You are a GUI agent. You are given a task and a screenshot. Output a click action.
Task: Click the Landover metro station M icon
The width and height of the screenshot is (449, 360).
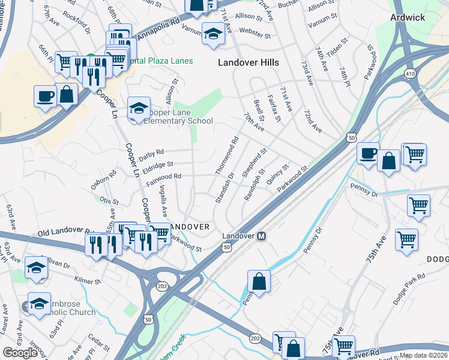coord(262,236)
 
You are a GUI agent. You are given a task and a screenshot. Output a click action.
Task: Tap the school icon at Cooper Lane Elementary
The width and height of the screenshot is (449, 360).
coord(139,109)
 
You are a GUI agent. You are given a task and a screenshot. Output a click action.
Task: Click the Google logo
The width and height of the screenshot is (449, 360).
coord(20,352)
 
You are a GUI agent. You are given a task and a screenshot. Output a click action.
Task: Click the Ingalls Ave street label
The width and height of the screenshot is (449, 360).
coord(164,201)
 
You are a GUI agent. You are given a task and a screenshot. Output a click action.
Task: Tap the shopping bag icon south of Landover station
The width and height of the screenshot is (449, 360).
coord(259,281)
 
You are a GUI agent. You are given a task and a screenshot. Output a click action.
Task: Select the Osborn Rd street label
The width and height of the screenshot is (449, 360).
coord(103,180)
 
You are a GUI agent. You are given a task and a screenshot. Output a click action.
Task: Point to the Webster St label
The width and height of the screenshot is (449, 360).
coord(252,29)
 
